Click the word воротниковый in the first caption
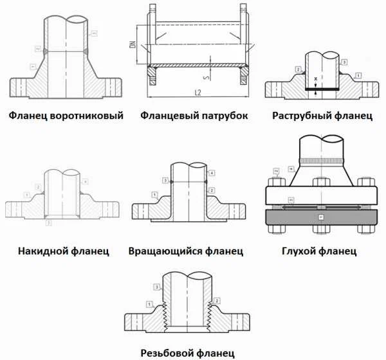[87, 116]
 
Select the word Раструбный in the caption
[302, 116]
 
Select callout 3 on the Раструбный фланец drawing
[345, 62]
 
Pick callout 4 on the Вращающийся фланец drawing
[212, 173]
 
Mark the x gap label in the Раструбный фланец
[315, 79]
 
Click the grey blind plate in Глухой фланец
[321, 219]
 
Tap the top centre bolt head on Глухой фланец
[320, 182]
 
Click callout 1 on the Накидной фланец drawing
[25, 194]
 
